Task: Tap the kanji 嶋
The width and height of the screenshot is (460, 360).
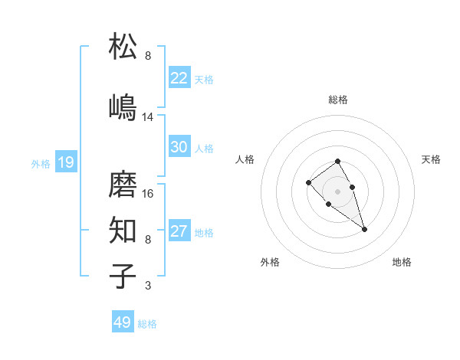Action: pyautogui.click(x=123, y=106)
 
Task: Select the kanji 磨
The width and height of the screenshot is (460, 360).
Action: pyautogui.click(x=123, y=184)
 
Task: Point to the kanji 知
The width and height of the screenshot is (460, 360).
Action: pyautogui.click(x=123, y=230)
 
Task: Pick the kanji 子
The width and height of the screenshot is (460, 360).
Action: pyautogui.click(x=123, y=276)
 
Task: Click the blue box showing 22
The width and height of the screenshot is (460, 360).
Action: pyautogui.click(x=179, y=78)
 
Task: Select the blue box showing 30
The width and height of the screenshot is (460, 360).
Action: pyautogui.click(x=179, y=148)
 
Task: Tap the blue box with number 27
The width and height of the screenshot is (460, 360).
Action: pyautogui.click(x=179, y=232)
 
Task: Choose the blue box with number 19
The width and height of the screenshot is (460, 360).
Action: pyautogui.click(x=65, y=162)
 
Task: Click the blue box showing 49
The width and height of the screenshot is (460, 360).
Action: pyautogui.click(x=123, y=322)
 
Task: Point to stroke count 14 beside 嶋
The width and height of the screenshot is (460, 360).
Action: pyautogui.click(x=148, y=117)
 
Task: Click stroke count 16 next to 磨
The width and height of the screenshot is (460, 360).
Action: pyautogui.click(x=148, y=194)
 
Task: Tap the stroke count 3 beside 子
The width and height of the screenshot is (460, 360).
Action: pyautogui.click(x=148, y=286)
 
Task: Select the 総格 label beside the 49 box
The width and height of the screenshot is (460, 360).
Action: pyautogui.click(x=147, y=324)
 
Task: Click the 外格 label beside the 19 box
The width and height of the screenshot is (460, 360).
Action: pyautogui.click(x=41, y=163)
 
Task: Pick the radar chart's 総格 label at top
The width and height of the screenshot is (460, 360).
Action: pyautogui.click(x=337, y=100)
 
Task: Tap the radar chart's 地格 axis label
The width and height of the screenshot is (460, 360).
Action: pyautogui.click(x=402, y=262)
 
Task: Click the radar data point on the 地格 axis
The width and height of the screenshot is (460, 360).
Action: pyautogui.click(x=364, y=229)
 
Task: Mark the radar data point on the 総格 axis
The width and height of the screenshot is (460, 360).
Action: pyautogui.click(x=337, y=161)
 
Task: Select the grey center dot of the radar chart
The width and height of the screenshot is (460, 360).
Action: pyautogui.click(x=337, y=191)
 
